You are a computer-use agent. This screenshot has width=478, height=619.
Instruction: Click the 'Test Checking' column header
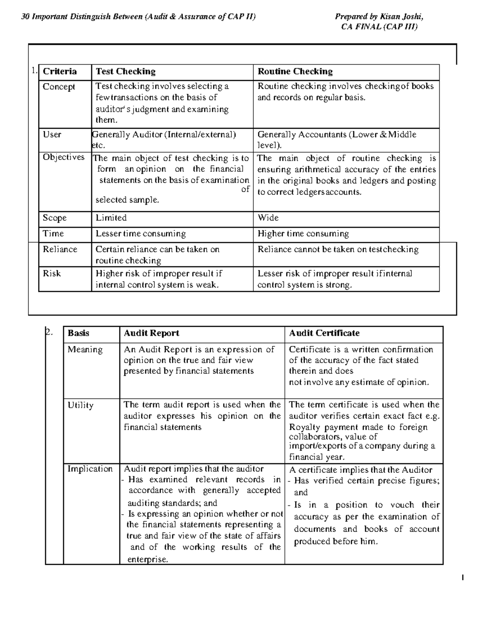pyautogui.click(x=125, y=72)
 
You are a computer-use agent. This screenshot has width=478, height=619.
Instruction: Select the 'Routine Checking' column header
pyautogui.click(x=295, y=72)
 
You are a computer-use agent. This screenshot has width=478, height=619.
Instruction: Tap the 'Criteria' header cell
pyautogui.click(x=60, y=72)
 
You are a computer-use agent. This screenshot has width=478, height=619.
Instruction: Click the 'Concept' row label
pyautogui.click(x=59, y=87)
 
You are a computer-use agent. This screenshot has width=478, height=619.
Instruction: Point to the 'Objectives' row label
pyautogui.click(x=64, y=157)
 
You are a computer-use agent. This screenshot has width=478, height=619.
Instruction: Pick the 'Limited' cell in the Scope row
pyautogui.click(x=111, y=218)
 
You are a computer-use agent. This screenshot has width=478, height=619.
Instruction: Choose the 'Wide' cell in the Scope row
pyautogui.click(x=268, y=218)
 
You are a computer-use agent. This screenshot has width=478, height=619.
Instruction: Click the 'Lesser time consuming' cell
pyautogui.click(x=141, y=234)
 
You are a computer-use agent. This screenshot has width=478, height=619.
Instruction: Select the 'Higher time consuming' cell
pyautogui.click(x=303, y=234)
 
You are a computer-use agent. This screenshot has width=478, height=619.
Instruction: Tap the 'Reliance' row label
pyautogui.click(x=60, y=250)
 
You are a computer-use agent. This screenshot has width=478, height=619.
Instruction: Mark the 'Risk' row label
pyautogui.click(x=52, y=273)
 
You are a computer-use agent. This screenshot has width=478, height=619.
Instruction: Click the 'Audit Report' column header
pyautogui.click(x=151, y=333)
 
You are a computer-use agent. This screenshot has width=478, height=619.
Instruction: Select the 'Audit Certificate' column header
pyautogui.click(x=324, y=333)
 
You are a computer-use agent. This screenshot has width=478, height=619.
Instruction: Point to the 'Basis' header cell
pyautogui.click(x=78, y=333)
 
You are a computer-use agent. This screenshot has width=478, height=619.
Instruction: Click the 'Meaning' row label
pyautogui.click(x=85, y=350)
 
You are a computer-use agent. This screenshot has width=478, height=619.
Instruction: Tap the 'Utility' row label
pyautogui.click(x=80, y=405)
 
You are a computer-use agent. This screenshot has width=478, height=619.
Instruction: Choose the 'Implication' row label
pyautogui.click(x=90, y=469)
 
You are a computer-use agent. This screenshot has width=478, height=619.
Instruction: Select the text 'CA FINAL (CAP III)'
pyautogui.click(x=379, y=27)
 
